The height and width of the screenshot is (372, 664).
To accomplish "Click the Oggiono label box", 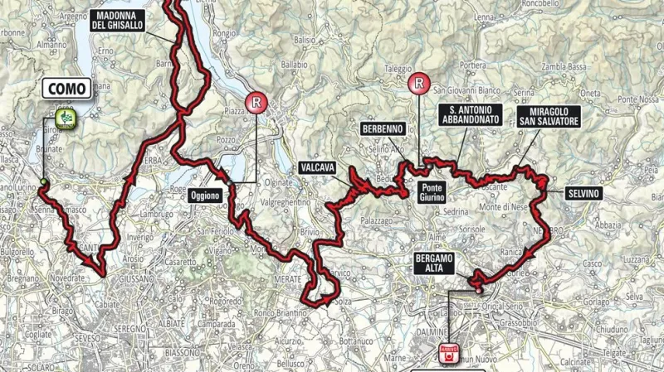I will (204, 196).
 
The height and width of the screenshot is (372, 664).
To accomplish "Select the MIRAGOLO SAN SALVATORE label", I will (546, 115).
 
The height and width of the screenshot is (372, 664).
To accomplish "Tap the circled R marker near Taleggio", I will (421, 82).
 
